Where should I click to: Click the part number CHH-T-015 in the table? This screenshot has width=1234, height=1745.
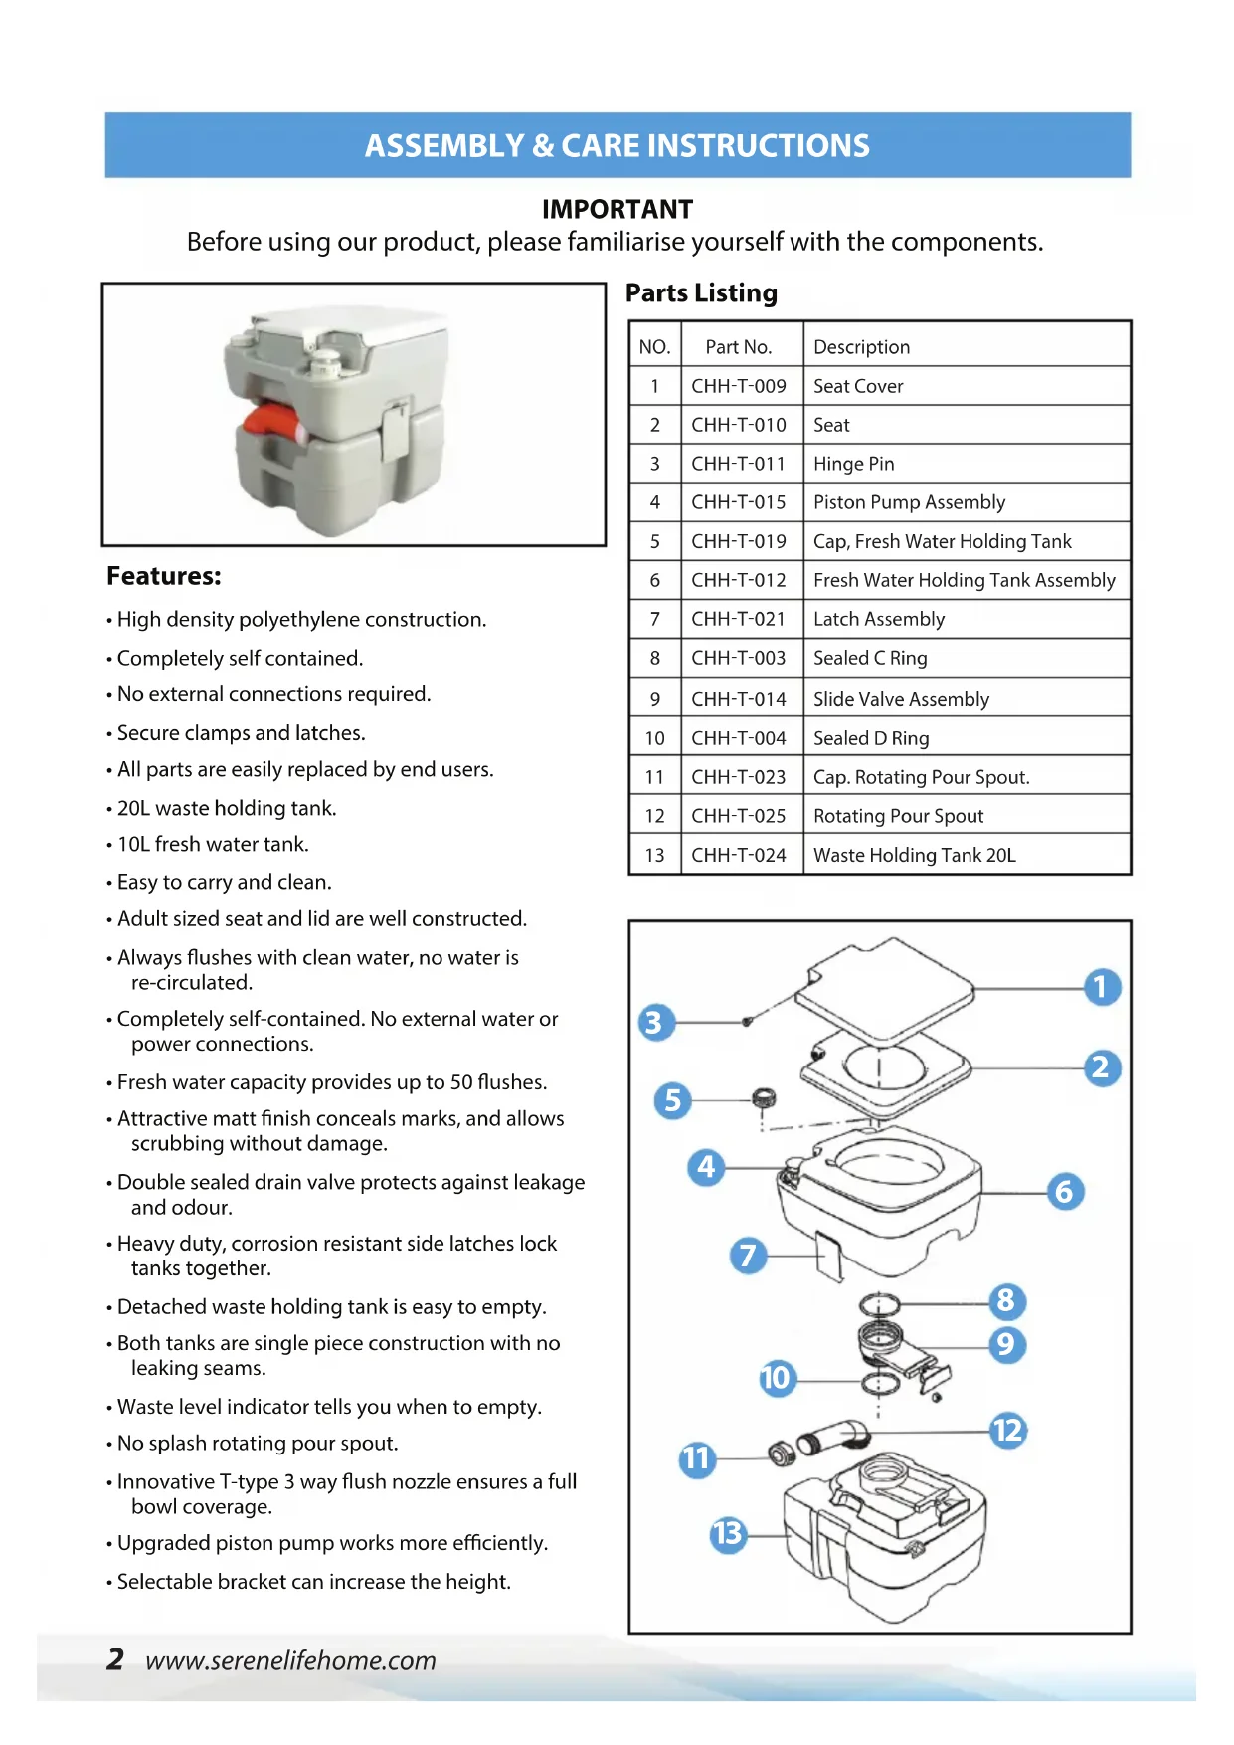pyautogui.click(x=738, y=502)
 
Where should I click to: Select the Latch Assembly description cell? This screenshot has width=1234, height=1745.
pyautogui.click(x=879, y=619)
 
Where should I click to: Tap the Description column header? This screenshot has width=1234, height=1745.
pyautogui.click(x=861, y=347)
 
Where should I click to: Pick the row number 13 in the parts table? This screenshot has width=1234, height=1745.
pyautogui.click(x=654, y=855)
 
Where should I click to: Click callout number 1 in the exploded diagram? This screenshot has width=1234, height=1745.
pyautogui.click(x=1101, y=987)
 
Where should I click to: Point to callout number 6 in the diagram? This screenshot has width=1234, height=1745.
pyautogui.click(x=1064, y=1191)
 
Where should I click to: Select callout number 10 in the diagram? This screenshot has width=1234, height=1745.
pyautogui.click(x=777, y=1378)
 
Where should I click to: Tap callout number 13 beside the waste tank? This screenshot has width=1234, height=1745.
pyautogui.click(x=728, y=1533)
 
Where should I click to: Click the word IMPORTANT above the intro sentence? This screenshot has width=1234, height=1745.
pyautogui.click(x=617, y=209)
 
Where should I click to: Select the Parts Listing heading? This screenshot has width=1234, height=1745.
pyautogui.click(x=701, y=293)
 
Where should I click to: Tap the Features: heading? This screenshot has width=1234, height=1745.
pyautogui.click(x=164, y=576)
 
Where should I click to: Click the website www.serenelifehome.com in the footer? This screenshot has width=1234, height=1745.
pyautogui.click(x=290, y=1660)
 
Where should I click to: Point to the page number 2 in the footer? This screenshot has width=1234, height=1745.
pyautogui.click(x=115, y=1659)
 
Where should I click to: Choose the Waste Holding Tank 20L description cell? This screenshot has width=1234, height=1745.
pyautogui.click(x=914, y=855)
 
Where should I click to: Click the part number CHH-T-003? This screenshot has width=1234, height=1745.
pyautogui.click(x=738, y=658)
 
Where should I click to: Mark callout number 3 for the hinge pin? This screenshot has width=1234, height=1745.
pyautogui.click(x=653, y=1022)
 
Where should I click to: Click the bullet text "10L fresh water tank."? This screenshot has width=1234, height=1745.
pyautogui.click(x=213, y=844)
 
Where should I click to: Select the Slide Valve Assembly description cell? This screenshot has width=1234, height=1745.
pyautogui.click(x=901, y=699)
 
